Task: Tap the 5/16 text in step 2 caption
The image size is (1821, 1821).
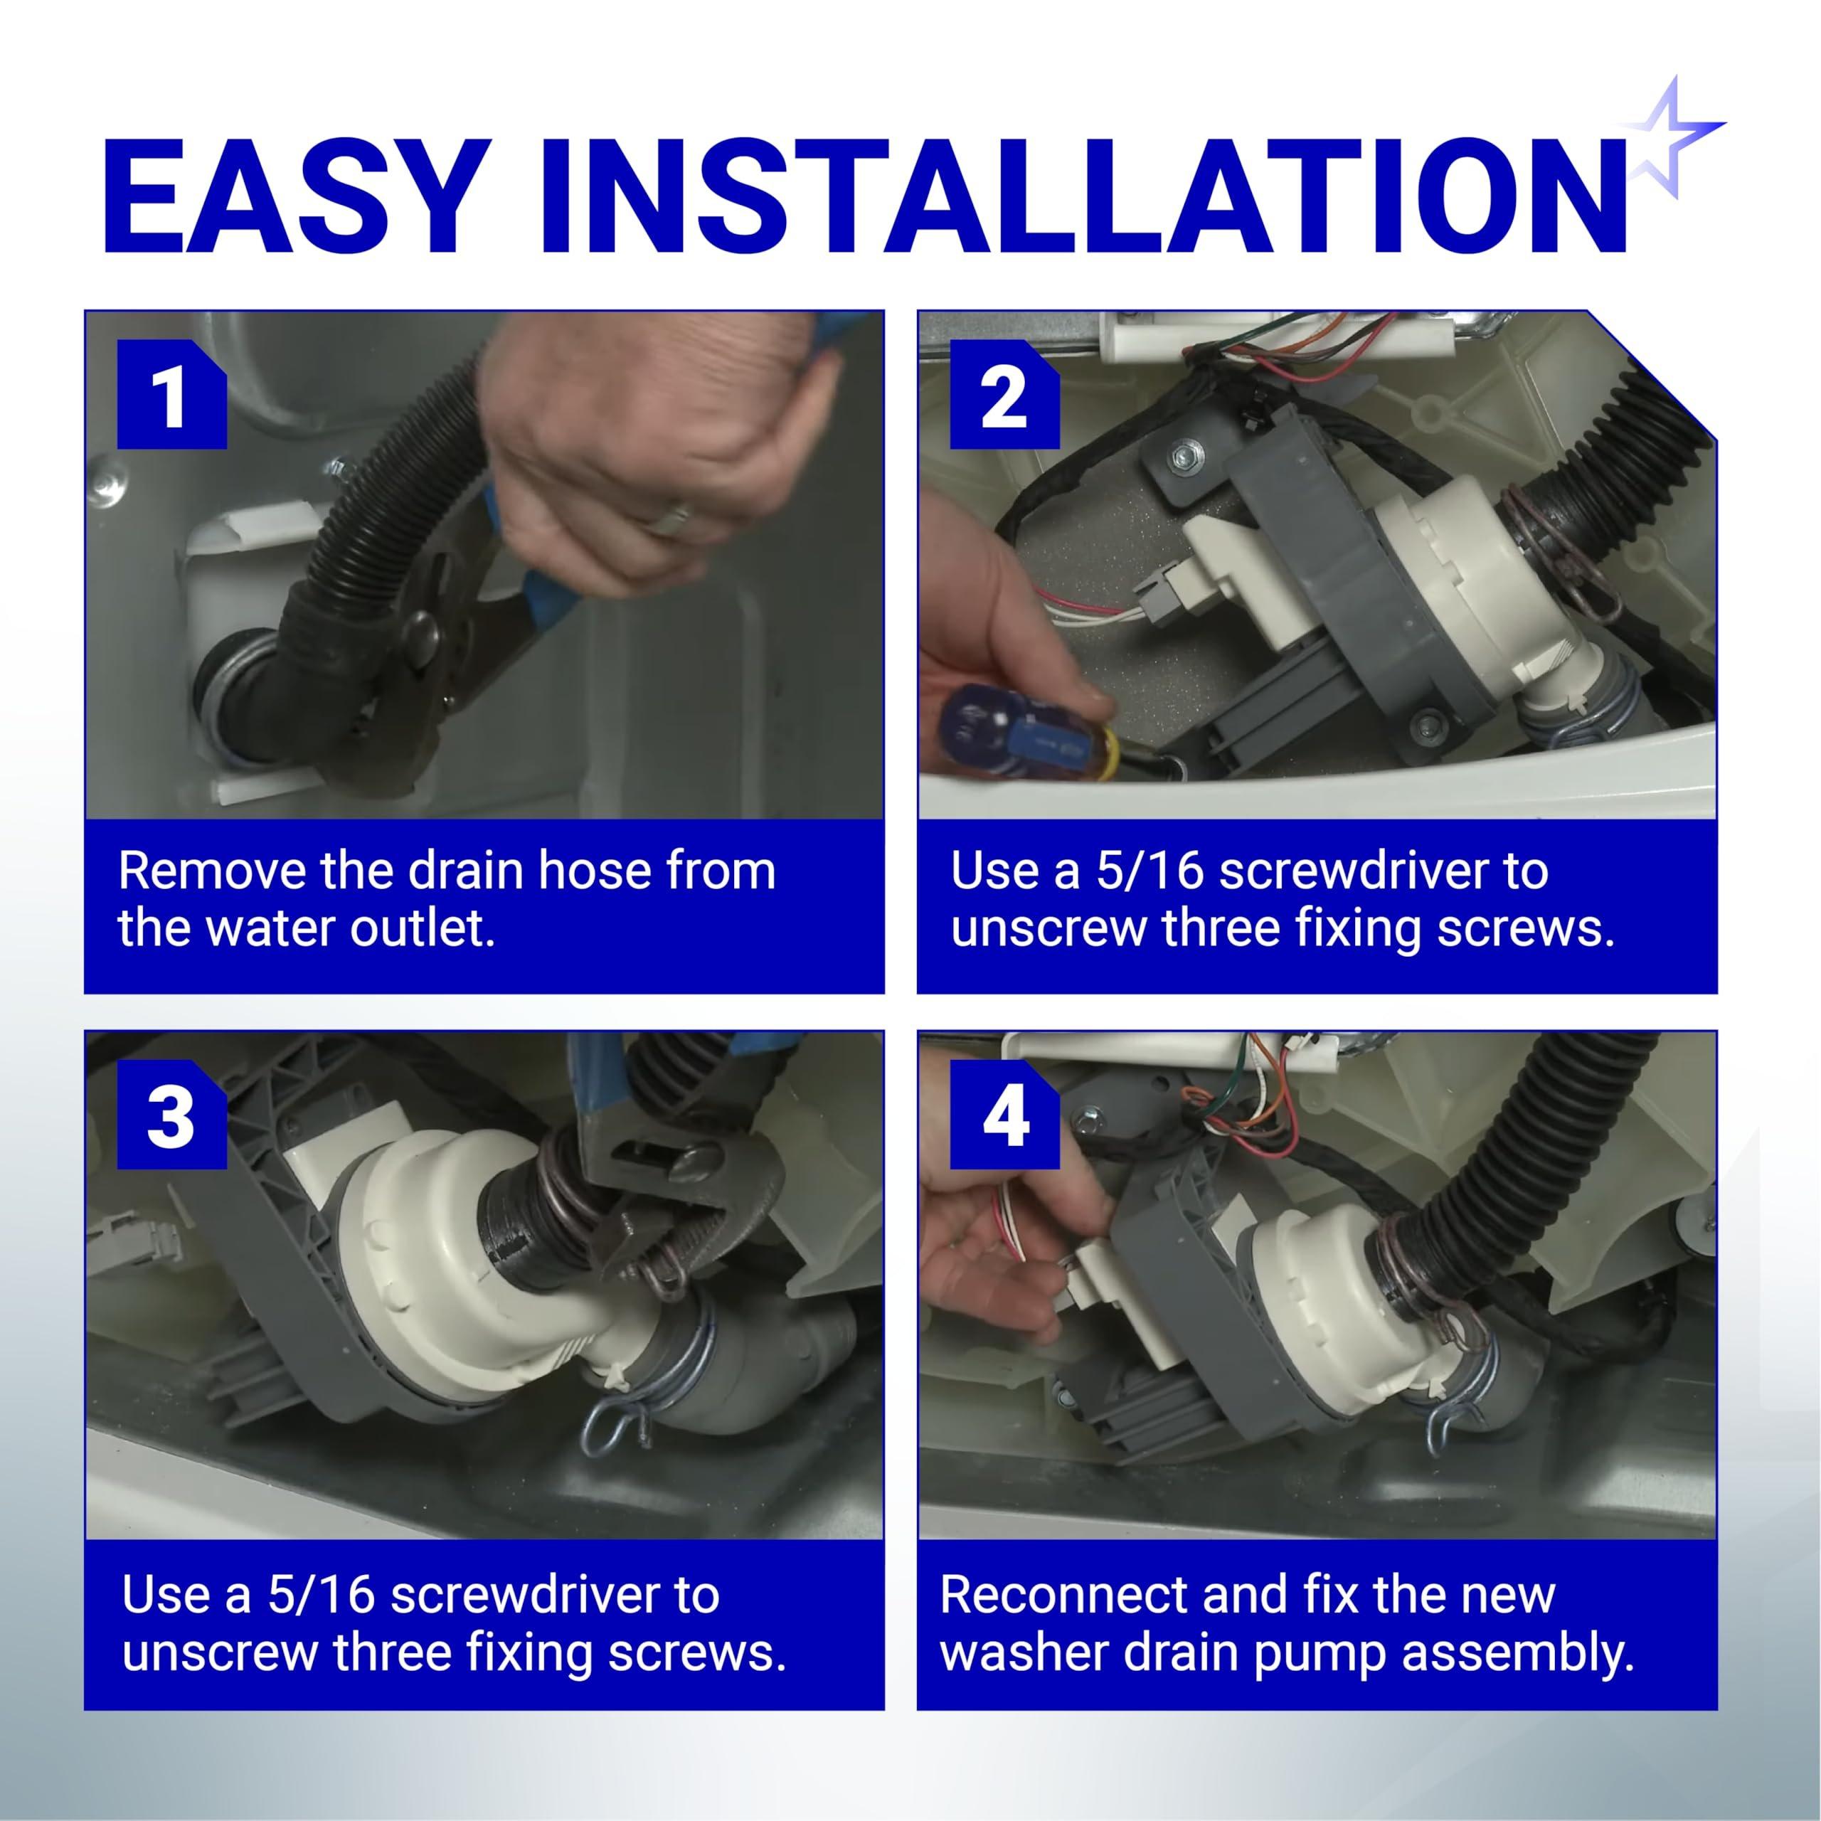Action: [x=1151, y=870]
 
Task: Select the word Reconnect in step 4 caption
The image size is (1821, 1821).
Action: [x=1058, y=1594]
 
